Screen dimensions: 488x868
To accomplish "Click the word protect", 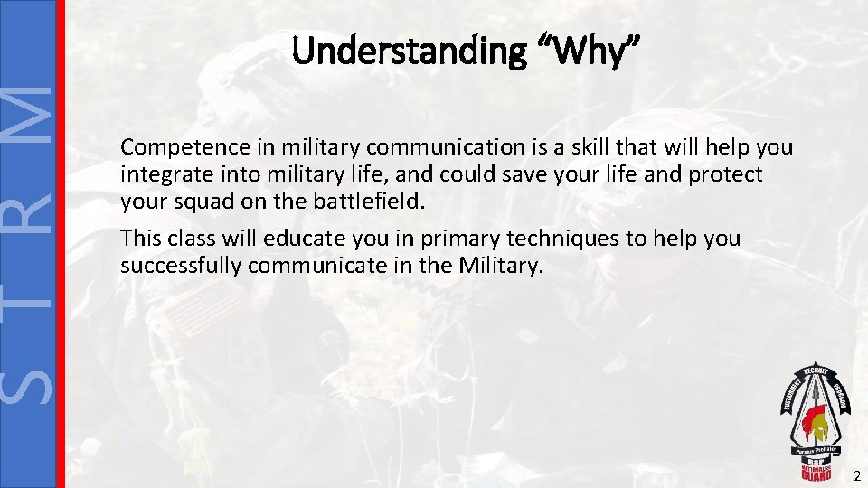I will (x=730, y=174).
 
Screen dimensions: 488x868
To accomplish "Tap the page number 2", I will (x=854, y=474).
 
